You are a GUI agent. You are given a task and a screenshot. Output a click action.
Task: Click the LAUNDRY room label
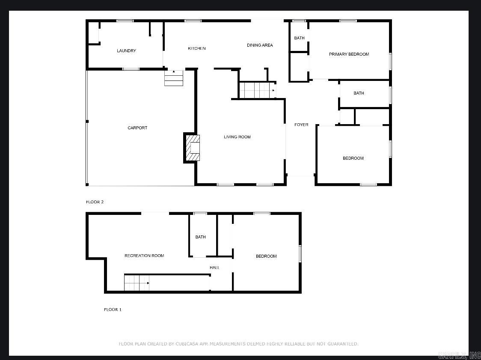pyautogui.click(x=126, y=51)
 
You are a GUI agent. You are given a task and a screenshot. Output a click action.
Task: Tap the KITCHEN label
pyautogui.click(x=197, y=48)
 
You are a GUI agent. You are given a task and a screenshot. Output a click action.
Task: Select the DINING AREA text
pyautogui.click(x=260, y=45)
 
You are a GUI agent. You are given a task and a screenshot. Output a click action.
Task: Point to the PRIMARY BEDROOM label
pyautogui.click(x=349, y=54)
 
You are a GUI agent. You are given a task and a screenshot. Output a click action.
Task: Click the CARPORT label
pyautogui.click(x=137, y=128)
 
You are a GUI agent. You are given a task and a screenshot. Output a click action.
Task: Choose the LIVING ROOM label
pyautogui.click(x=237, y=137)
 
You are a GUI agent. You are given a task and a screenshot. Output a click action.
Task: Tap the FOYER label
pyautogui.click(x=301, y=125)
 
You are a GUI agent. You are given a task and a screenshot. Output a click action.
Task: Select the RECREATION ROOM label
pyautogui.click(x=144, y=256)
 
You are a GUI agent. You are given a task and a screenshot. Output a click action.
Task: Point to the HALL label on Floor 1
pyautogui.click(x=214, y=268)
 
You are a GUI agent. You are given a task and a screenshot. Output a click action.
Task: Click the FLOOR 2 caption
pyautogui.click(x=95, y=202)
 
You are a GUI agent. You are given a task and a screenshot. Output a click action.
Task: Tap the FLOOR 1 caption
pyautogui.click(x=113, y=309)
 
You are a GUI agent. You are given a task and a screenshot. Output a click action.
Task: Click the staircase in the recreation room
pyautogui.click(x=137, y=283)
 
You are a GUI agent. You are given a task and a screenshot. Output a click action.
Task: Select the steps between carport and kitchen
pyautogui.click(x=174, y=78)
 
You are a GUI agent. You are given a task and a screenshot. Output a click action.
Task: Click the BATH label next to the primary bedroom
pyautogui.click(x=299, y=38)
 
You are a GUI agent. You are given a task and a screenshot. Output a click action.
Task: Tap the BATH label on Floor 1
pyautogui.click(x=200, y=237)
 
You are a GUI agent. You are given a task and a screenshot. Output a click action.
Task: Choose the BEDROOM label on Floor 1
pyautogui.click(x=266, y=256)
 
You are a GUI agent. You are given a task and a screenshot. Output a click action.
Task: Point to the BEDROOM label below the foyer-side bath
pyautogui.click(x=353, y=158)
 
